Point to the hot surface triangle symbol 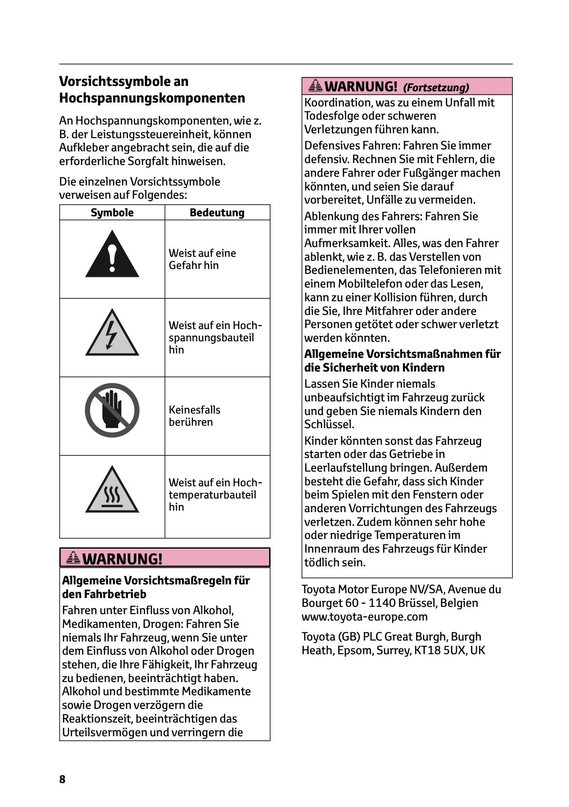(112, 492)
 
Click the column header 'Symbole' (112, 212)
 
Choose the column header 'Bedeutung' (217, 212)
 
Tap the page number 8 (62, 779)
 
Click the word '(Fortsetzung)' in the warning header (436, 88)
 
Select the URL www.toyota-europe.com (364, 617)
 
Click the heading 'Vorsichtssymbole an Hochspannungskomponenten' (152, 90)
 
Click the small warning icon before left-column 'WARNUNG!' (73, 558)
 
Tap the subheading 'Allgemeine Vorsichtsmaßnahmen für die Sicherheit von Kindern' (402, 361)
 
